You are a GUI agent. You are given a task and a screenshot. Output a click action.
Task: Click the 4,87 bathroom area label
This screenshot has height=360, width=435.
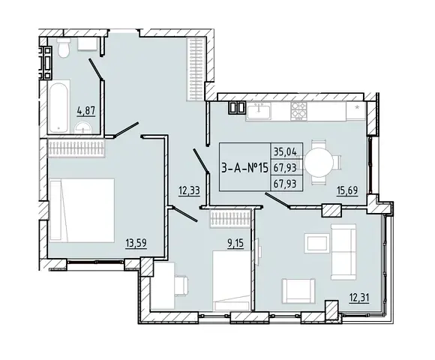(x=86, y=111)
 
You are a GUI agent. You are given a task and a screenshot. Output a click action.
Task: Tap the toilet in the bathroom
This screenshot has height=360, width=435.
(x=64, y=47)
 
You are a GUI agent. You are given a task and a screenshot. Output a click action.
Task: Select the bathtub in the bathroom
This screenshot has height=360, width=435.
(x=58, y=106)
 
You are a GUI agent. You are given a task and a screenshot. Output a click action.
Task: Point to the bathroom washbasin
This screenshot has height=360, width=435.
(x=82, y=128)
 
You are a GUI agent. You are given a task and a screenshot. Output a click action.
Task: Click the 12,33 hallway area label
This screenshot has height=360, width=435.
(x=189, y=191)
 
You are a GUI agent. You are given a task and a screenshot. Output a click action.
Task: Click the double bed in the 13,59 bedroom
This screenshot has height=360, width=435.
(x=82, y=210)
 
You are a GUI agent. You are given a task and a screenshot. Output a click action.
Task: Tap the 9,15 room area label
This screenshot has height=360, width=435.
(x=235, y=243)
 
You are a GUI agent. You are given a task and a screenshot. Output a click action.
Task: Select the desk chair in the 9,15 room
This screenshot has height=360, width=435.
(x=181, y=286)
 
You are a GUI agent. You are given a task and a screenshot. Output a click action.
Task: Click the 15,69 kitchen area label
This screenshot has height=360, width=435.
(x=347, y=190)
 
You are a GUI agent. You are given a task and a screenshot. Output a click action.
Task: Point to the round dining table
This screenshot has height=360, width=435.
(x=319, y=163)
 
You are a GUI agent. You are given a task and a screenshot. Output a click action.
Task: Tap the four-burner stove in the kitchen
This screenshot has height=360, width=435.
(x=298, y=111)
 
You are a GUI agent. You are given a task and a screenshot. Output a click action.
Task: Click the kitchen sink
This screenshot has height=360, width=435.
(x=259, y=111)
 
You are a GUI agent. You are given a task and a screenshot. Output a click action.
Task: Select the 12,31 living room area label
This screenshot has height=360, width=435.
(x=359, y=298)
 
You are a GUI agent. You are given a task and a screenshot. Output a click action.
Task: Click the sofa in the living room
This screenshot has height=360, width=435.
(x=343, y=252)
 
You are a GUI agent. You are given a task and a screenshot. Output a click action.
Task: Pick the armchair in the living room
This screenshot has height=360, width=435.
(x=298, y=291)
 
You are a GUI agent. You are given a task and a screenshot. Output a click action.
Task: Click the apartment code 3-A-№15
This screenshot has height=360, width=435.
(x=245, y=167)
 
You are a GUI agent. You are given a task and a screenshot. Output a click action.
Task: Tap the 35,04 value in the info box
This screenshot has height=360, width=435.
(x=285, y=151)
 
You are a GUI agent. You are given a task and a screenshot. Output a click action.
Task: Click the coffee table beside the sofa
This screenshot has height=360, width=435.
(x=316, y=243)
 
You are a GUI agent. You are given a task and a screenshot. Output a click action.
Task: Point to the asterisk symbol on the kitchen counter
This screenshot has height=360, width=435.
(x=358, y=106)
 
